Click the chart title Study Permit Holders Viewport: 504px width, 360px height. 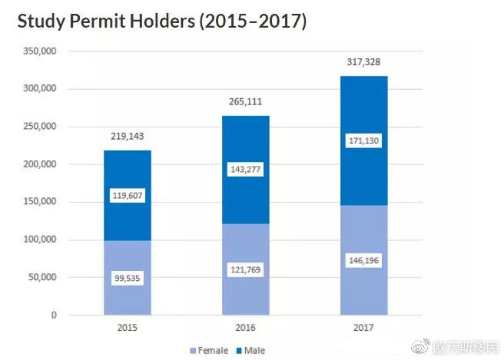[162, 21]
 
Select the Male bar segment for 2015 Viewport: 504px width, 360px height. [128, 173]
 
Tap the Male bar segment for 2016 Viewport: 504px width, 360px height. [246, 146]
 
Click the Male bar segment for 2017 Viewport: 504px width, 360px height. [364, 107]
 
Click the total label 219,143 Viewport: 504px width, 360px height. [128, 137]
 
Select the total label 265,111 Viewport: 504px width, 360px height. [246, 101]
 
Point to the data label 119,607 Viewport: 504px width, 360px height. [128, 196]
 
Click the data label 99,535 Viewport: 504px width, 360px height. [128, 277]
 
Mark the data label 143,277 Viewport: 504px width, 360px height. [246, 169]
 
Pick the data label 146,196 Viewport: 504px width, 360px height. [364, 261]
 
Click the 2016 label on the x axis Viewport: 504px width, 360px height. [246, 327]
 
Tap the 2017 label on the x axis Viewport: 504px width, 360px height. [364, 327]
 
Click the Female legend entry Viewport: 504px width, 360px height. [209, 351]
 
